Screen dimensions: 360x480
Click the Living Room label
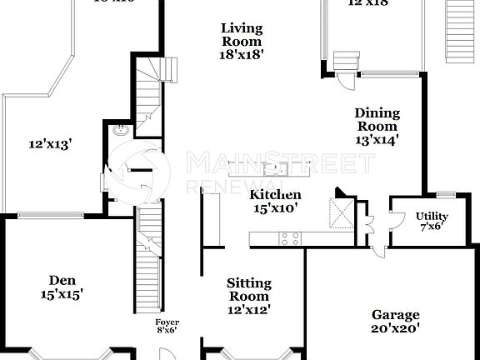tap(242, 35)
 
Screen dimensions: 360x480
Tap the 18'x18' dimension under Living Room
tap(242, 55)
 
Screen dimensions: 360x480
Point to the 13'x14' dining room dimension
tap(377, 140)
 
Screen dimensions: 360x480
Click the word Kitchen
tap(276, 194)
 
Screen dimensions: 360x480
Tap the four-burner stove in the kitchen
tap(289, 239)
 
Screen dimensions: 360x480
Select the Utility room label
tap(432, 217)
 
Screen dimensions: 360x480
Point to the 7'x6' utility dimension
tap(432, 227)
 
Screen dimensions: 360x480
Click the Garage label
tap(395, 315)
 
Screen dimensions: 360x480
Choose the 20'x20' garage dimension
tap(395, 328)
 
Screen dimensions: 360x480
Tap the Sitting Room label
tap(248, 290)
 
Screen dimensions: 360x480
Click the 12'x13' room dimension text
tap(50, 144)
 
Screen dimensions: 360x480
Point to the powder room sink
tap(122, 130)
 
